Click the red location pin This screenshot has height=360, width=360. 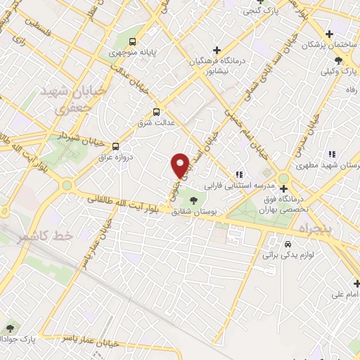coord(181,165)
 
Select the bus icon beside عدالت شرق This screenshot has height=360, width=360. coord(156,111)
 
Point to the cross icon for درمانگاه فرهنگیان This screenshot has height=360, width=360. coord(217,49)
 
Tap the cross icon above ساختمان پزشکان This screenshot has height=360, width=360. coord(330,34)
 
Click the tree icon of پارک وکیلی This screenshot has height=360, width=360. coord(339,61)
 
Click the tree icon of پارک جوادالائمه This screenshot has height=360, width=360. coord(10,328)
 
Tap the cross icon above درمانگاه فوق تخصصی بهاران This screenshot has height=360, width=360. coord(283,188)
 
